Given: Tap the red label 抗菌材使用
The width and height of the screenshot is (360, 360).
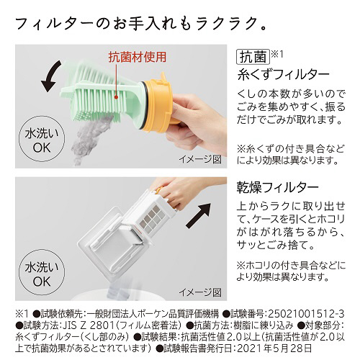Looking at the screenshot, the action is [x=138, y=58].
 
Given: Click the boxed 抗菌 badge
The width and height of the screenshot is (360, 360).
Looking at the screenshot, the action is [x=253, y=57].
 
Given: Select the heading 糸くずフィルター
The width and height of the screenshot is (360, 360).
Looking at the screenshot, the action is [x=283, y=75].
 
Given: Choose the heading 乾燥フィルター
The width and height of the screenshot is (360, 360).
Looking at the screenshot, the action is [x=277, y=187].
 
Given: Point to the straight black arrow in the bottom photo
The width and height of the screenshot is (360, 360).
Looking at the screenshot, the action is [x=199, y=215].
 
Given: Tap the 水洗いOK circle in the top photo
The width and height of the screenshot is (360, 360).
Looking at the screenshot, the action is [x=42, y=142].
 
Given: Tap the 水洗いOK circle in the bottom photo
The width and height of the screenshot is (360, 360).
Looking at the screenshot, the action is [x=42, y=275].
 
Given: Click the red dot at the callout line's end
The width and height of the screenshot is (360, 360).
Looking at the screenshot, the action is [x=116, y=97].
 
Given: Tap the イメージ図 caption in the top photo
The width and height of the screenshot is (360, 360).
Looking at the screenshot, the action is [x=200, y=159].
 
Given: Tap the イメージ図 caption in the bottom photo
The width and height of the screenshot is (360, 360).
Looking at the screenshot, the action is [x=200, y=292].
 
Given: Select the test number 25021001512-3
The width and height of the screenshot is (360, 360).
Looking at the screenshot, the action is [x=306, y=314].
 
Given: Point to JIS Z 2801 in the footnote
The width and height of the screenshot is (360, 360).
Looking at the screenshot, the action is [x=87, y=325].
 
